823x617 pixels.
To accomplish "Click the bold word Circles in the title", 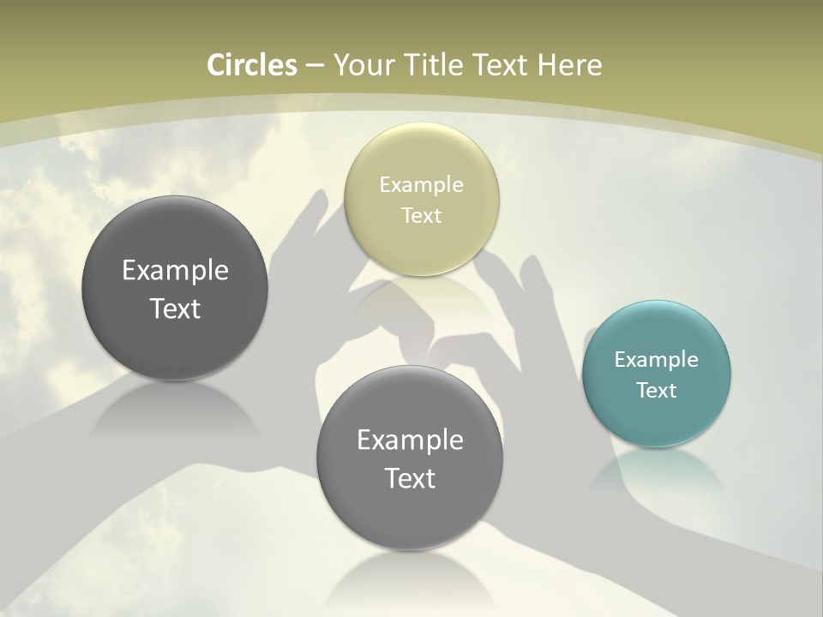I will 251,65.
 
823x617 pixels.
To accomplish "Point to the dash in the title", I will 315,66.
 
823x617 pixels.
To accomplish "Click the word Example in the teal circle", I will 657,360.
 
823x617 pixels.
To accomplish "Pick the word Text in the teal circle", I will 657,391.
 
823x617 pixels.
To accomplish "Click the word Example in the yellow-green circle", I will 421,185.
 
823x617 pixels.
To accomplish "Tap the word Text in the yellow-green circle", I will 421,216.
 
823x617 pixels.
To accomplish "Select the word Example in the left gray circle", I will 175,271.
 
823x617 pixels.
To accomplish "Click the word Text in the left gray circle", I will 175,308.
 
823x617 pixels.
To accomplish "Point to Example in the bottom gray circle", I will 410,440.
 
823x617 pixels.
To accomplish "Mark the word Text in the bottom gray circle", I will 410,478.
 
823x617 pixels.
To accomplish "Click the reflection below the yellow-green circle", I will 421,296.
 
